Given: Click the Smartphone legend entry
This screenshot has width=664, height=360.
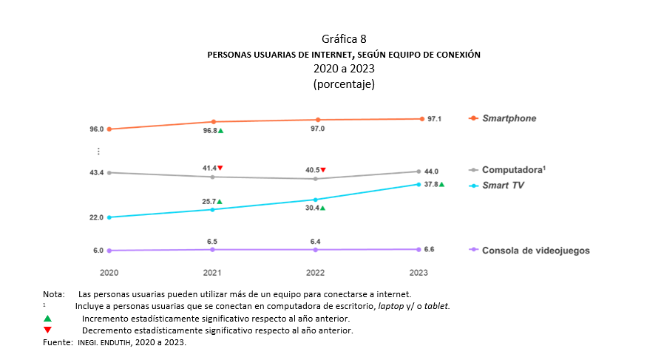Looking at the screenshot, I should [509, 118].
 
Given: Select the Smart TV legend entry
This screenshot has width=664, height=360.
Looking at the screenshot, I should [503, 185].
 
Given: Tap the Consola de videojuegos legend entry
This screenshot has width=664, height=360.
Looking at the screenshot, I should [535, 250].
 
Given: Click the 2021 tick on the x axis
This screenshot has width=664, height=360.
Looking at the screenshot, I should [213, 273].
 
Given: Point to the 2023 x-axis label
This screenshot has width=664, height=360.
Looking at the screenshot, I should [419, 273].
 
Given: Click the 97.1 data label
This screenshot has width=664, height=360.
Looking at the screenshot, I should [435, 119].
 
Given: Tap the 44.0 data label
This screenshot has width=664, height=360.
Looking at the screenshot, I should [430, 171].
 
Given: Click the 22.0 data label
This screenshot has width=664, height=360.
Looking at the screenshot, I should [96, 217].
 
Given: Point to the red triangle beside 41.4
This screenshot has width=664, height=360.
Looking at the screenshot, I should [220, 168].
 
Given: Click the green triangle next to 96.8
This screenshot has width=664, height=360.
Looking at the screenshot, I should [220, 131].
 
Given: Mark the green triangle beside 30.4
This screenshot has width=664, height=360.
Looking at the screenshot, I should [322, 208].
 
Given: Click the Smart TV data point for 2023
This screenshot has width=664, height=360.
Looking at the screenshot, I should [419, 184].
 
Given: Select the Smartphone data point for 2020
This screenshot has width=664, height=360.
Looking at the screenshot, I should [109, 129].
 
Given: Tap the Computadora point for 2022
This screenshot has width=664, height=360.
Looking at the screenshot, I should [316, 179].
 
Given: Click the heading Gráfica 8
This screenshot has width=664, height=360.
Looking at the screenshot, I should [343, 38].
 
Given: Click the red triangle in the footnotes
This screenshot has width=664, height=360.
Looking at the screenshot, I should [47, 330].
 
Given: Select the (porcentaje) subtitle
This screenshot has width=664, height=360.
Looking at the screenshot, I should [344, 84].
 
